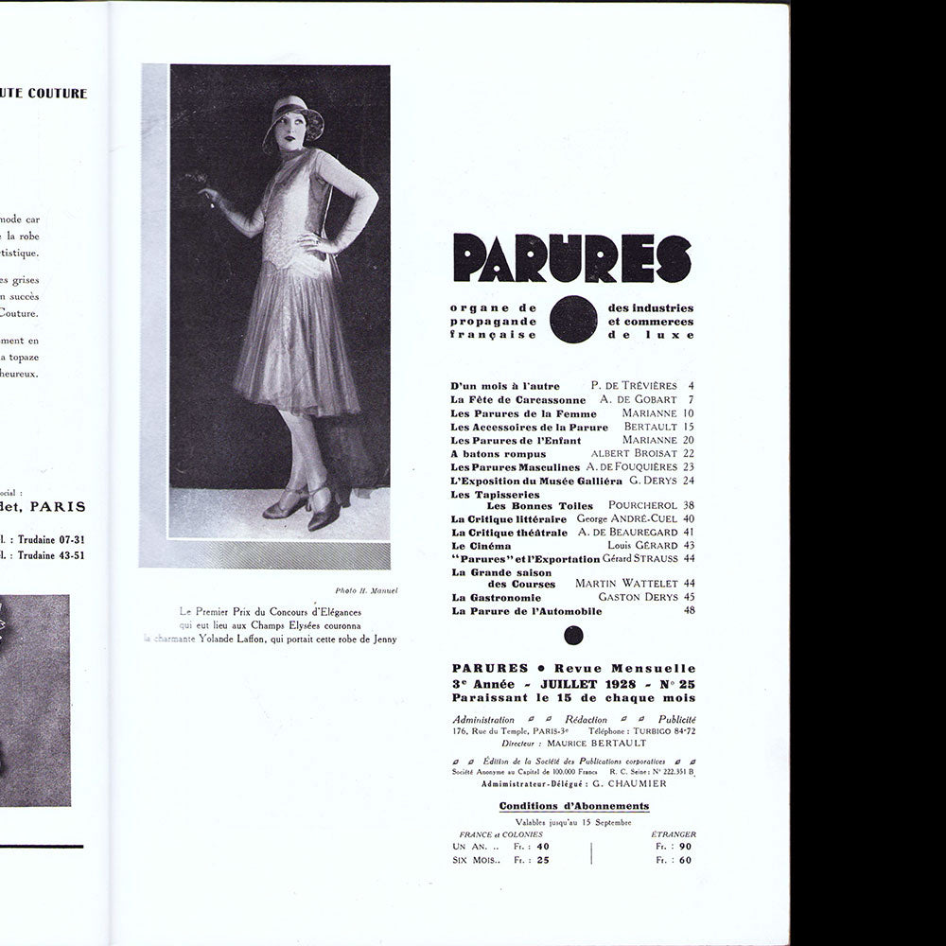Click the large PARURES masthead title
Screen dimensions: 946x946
(x=572, y=258)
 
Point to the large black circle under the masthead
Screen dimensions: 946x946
(x=572, y=320)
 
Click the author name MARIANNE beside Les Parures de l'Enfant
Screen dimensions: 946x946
(x=649, y=440)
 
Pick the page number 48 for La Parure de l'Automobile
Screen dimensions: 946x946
(x=689, y=611)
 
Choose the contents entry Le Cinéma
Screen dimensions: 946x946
(x=482, y=546)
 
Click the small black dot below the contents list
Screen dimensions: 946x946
(x=573, y=636)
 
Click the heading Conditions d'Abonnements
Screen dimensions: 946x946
(x=573, y=806)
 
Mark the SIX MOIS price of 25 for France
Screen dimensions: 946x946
(x=542, y=860)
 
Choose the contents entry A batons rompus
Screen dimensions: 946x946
(x=499, y=454)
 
